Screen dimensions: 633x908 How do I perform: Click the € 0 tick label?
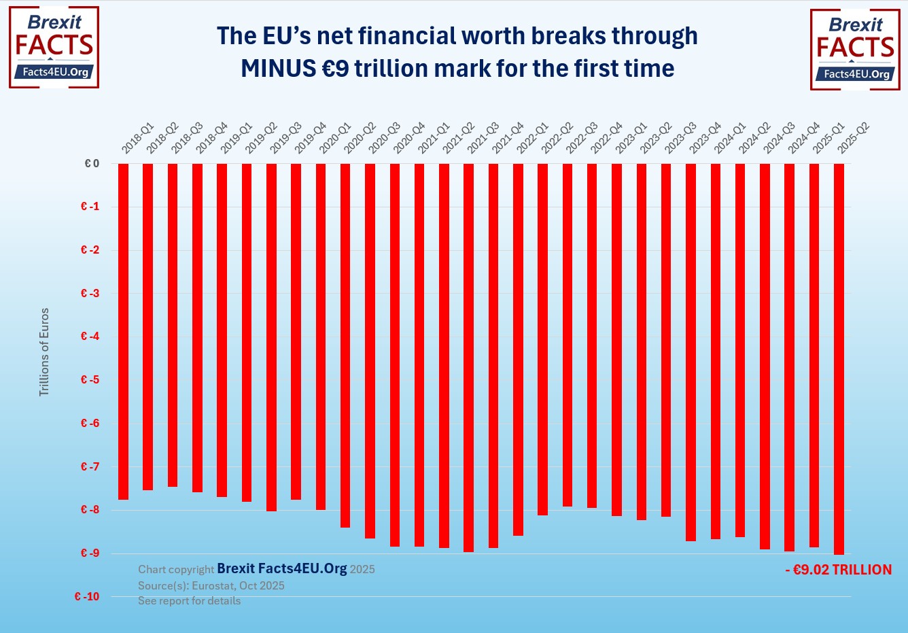[92, 164]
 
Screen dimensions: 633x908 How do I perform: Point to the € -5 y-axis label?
[90, 380]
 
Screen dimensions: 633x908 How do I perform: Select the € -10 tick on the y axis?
[87, 597]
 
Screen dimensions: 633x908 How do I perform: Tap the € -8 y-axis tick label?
[90, 510]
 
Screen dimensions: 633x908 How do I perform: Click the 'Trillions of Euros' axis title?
[44, 352]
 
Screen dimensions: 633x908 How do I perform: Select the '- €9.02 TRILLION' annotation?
[838, 570]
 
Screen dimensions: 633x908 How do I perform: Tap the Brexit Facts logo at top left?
[54, 47]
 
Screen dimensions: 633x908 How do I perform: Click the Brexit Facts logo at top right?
[855, 49]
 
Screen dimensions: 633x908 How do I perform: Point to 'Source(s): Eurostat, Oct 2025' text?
[211, 586]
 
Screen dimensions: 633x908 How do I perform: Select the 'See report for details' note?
[189, 601]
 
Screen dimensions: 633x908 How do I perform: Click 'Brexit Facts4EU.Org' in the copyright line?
[281, 569]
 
